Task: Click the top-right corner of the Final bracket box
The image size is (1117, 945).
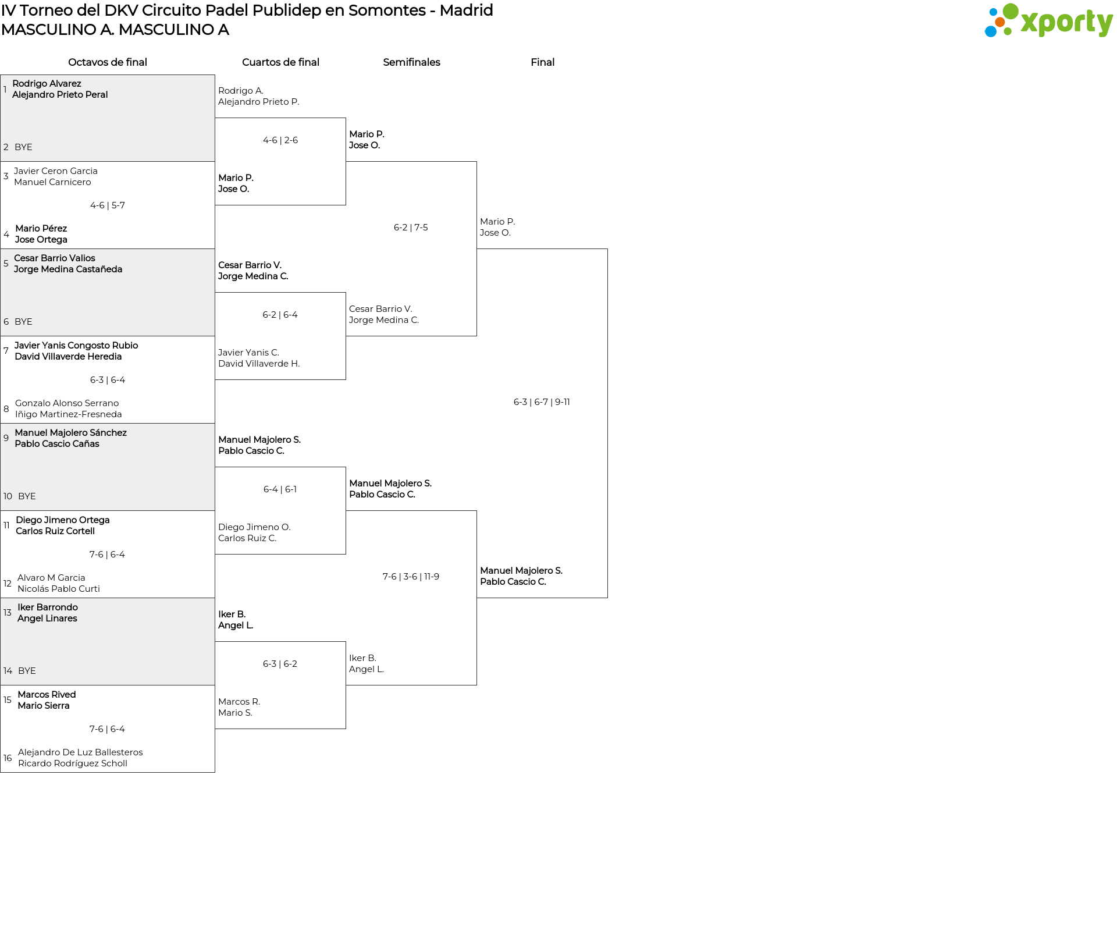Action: point(607,249)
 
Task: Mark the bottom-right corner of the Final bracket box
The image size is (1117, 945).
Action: point(607,598)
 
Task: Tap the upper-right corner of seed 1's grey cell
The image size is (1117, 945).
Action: point(215,74)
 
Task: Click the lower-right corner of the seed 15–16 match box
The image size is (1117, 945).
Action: point(215,772)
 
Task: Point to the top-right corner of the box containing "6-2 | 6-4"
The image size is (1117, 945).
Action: point(346,293)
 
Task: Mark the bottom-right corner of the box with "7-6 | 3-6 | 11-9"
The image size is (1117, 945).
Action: point(476,685)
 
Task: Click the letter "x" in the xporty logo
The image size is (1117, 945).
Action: point(1030,23)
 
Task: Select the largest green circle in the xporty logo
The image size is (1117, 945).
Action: point(1011,11)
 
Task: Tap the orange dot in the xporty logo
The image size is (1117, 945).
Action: point(1000,22)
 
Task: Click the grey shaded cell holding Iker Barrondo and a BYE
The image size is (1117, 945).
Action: point(108,642)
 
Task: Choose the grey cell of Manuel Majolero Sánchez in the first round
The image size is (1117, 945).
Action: point(108,467)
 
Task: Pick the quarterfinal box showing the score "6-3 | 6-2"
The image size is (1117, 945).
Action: point(280,685)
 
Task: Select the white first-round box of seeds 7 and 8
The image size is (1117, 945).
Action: point(108,380)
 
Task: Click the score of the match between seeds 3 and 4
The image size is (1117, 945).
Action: point(108,205)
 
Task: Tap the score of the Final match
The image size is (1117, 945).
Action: point(542,402)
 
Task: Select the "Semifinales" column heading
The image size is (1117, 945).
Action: point(411,62)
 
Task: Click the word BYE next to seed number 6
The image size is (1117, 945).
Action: point(23,322)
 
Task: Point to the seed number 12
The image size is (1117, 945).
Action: point(8,584)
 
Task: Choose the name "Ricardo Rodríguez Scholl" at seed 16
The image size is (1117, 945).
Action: point(73,763)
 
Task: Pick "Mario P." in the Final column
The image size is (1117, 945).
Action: point(497,222)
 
